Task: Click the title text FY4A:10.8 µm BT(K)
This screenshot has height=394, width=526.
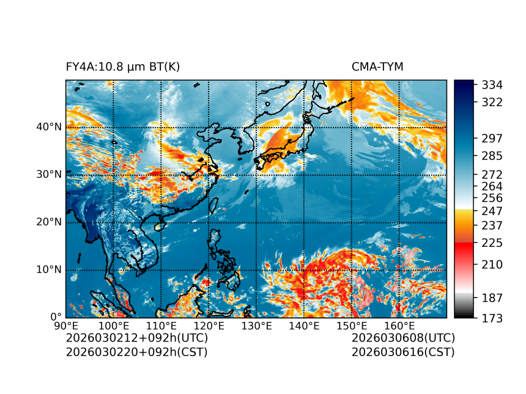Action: [123, 67]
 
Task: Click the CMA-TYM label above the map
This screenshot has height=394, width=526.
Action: [377, 67]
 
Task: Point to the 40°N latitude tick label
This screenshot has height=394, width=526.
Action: [49, 127]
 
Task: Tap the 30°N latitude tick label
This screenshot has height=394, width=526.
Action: [49, 175]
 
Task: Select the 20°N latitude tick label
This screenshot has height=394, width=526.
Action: [49, 222]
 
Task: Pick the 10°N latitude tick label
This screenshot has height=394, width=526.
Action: [49, 270]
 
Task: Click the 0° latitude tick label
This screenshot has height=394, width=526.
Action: [55, 317]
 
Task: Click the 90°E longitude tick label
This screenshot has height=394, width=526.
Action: [66, 326]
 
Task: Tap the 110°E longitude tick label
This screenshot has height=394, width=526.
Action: [161, 326]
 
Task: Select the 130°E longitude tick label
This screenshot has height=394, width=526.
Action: [256, 326]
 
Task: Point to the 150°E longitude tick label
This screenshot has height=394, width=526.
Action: [352, 326]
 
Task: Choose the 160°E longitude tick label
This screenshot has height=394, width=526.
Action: [399, 326]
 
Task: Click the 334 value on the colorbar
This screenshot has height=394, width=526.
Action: [492, 84]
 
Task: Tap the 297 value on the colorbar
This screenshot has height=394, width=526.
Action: [492, 139]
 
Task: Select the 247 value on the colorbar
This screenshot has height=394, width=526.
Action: [492, 211]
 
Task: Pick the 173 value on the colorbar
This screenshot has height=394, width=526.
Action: [492, 318]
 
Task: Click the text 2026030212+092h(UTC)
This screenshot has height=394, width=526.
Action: [137, 338]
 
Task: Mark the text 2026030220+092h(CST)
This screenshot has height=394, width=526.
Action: [137, 352]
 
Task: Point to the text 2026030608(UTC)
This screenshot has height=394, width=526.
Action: [403, 338]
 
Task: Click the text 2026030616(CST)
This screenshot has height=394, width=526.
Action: [403, 352]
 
